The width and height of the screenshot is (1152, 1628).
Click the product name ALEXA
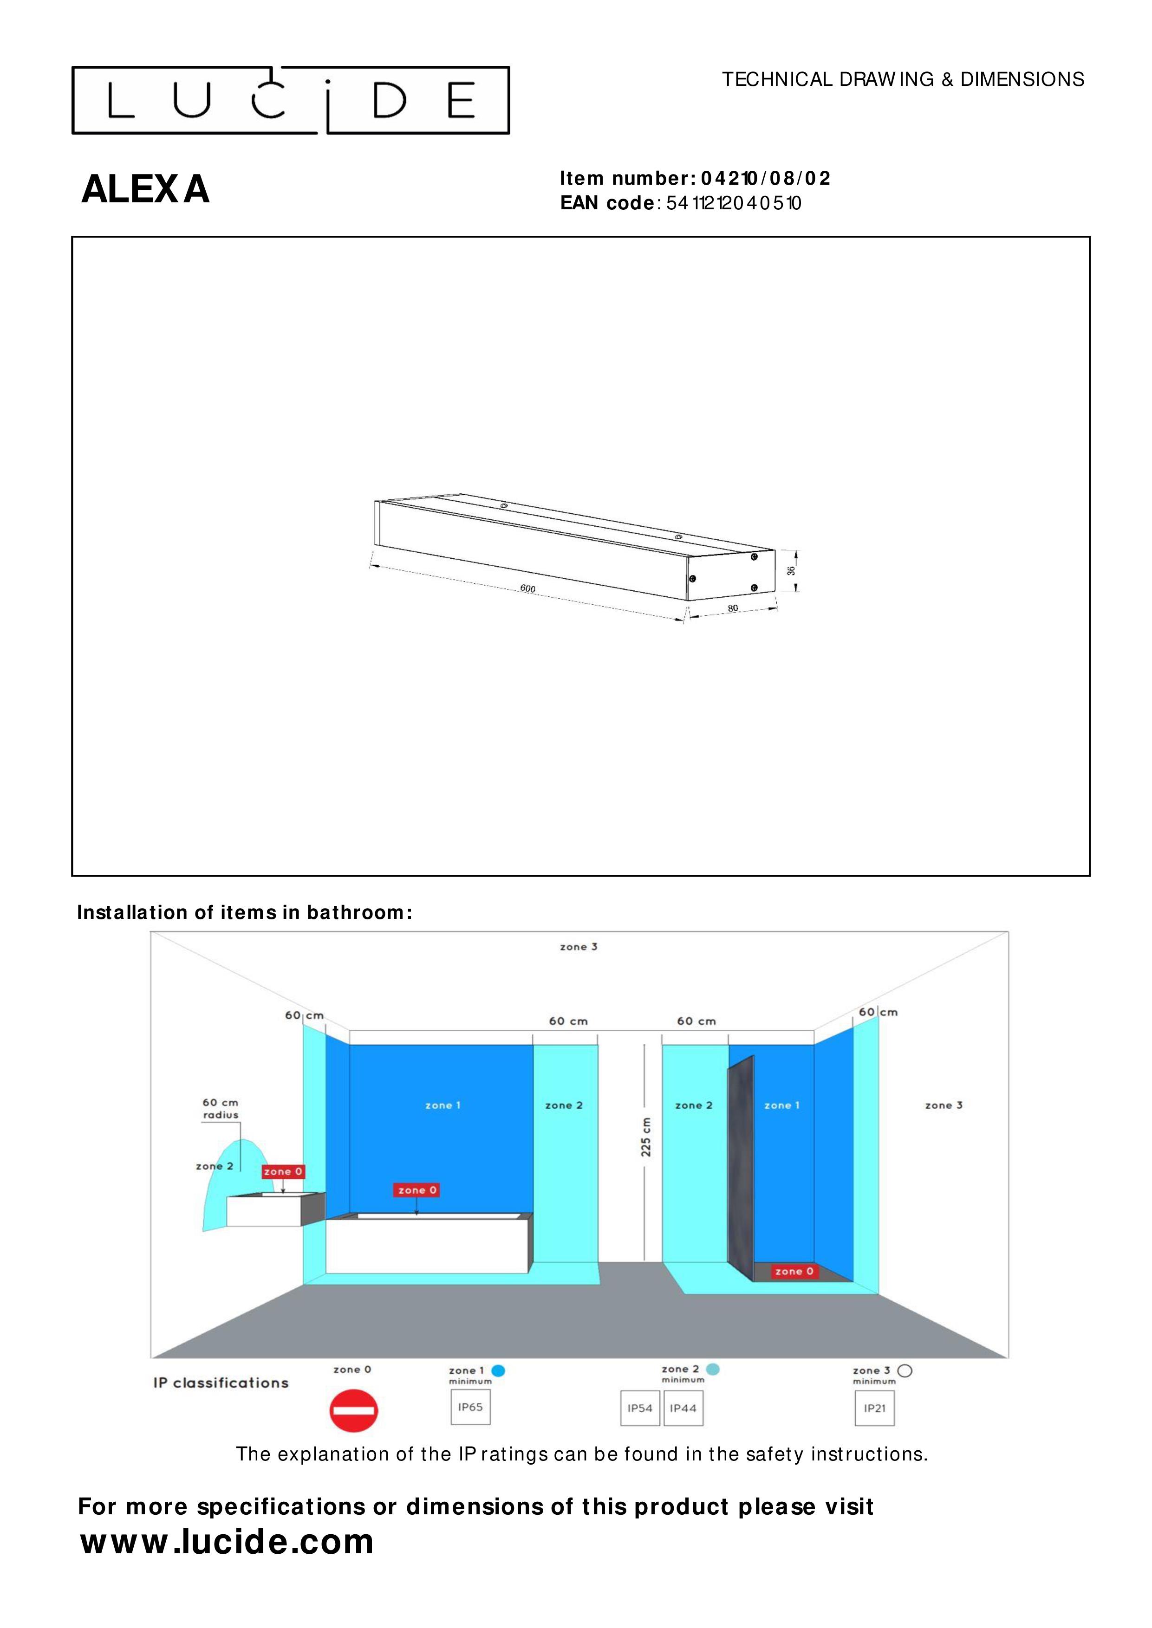(x=145, y=189)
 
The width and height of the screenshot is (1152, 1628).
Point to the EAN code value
(x=734, y=203)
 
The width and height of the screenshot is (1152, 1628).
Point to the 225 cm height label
(x=645, y=1137)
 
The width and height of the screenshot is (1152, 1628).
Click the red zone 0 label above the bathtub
(x=417, y=1190)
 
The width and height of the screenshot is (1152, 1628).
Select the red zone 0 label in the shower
(x=794, y=1271)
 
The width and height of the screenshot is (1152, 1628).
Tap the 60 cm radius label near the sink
(x=221, y=1108)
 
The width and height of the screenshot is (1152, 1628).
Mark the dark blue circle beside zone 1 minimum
(x=498, y=1370)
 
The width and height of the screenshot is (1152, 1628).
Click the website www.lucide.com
(x=227, y=1542)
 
